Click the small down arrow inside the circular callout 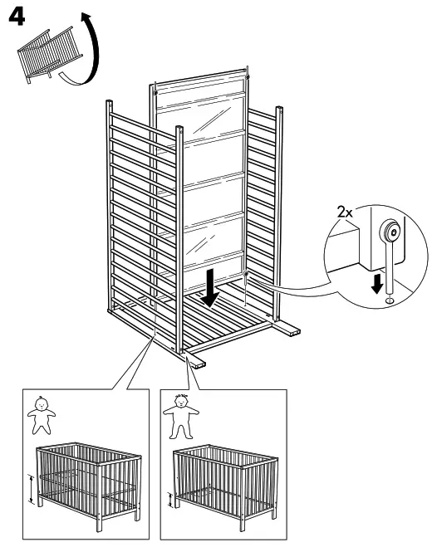(x=380, y=283)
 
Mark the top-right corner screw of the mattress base (x=247, y=80)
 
